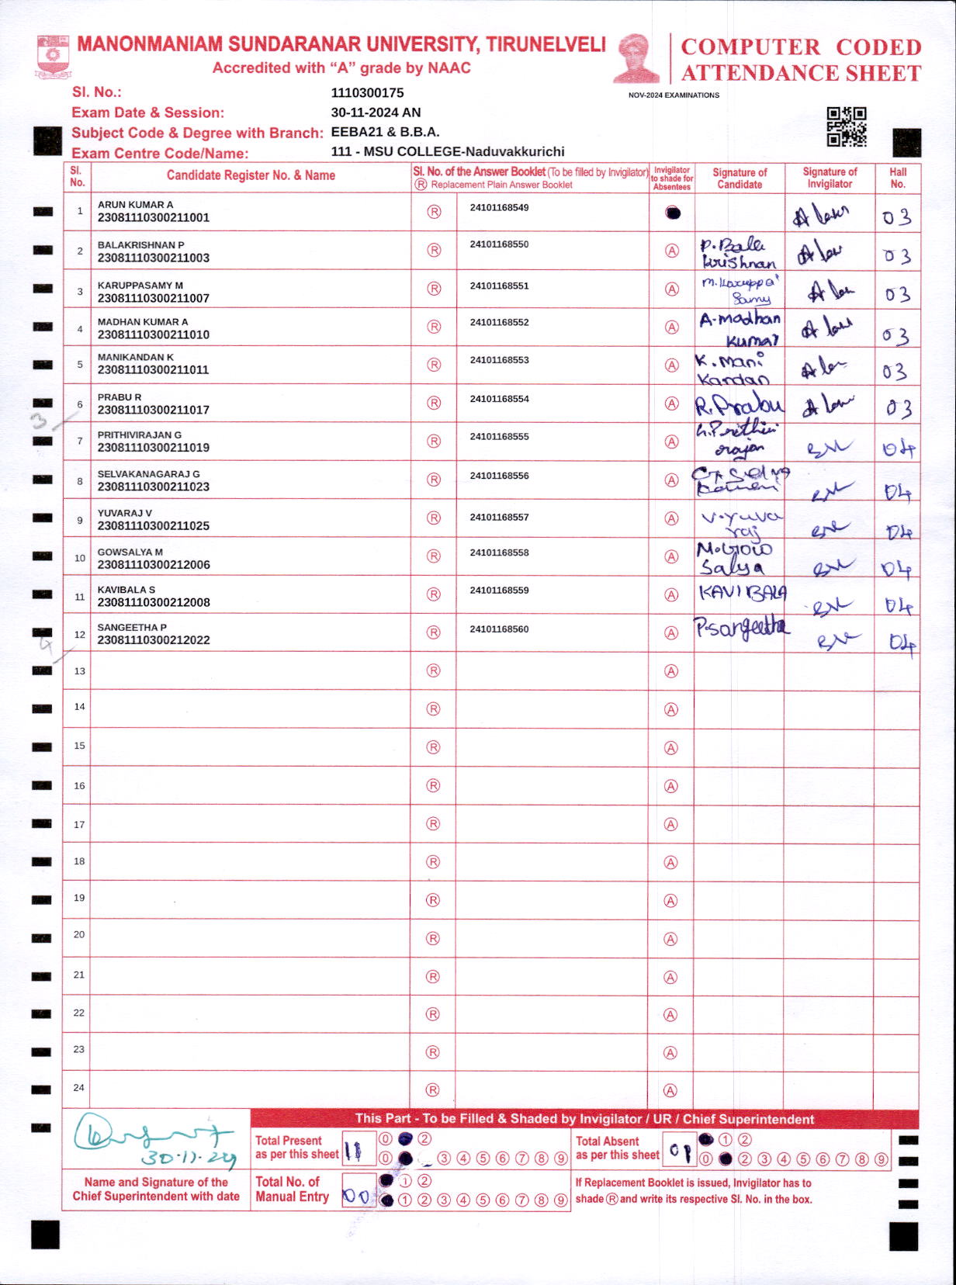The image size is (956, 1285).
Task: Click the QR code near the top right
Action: [x=846, y=126]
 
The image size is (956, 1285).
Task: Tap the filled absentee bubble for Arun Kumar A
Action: [x=673, y=213]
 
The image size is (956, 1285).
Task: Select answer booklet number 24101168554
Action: [x=499, y=399]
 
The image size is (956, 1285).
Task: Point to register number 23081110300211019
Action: [x=153, y=448]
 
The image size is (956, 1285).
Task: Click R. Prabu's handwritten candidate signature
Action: [x=739, y=405]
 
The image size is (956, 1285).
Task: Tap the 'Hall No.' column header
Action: [x=898, y=178]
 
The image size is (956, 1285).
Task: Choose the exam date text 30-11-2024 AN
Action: [x=376, y=113]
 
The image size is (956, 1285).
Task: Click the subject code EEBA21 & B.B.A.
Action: [x=385, y=132]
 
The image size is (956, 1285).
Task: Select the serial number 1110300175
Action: [x=367, y=93]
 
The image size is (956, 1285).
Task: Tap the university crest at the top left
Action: [x=53, y=56]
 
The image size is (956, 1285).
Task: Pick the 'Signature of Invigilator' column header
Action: [x=829, y=178]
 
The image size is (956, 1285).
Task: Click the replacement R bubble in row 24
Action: [x=433, y=1090]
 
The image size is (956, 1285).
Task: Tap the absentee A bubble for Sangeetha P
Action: [x=672, y=633]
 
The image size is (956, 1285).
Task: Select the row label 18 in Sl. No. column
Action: [x=79, y=861]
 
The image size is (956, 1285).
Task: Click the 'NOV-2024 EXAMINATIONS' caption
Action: [x=674, y=95]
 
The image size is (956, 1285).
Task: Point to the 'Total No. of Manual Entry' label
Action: [x=292, y=1189]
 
